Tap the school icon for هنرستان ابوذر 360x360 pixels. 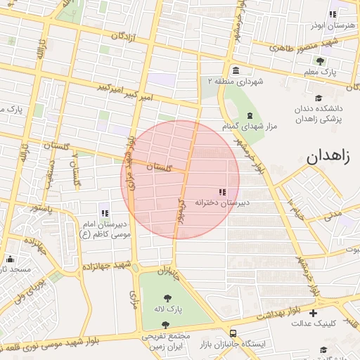333,14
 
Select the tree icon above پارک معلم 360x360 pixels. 320,61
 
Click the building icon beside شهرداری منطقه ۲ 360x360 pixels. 235,70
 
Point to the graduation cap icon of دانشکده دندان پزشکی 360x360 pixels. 319,98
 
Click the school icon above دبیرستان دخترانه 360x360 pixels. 222,191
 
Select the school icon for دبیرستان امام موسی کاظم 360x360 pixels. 105,213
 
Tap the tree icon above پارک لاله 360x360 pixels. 167,297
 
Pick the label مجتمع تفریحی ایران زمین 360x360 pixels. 166,342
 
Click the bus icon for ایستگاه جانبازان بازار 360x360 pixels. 233,334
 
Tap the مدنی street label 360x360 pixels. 333,212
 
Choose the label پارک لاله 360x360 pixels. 168,309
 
